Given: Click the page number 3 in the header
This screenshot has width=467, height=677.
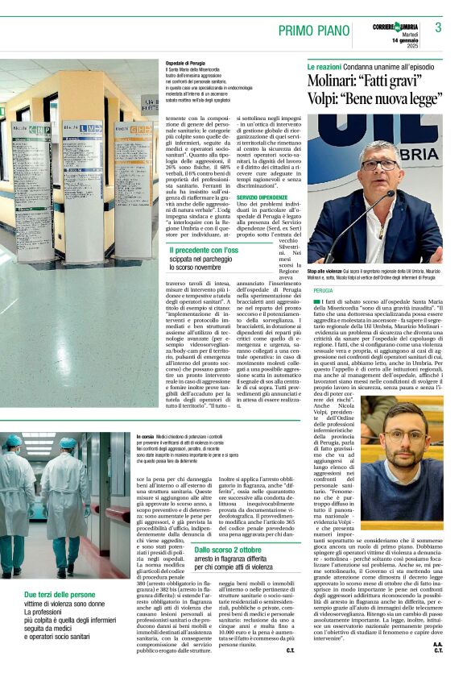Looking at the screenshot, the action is [x=438, y=27].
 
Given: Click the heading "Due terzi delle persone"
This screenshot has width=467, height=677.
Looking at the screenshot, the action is [x=60, y=595].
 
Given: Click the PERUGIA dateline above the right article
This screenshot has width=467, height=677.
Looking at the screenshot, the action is [x=323, y=289].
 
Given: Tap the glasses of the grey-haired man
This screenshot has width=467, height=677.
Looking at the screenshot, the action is [x=379, y=164].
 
